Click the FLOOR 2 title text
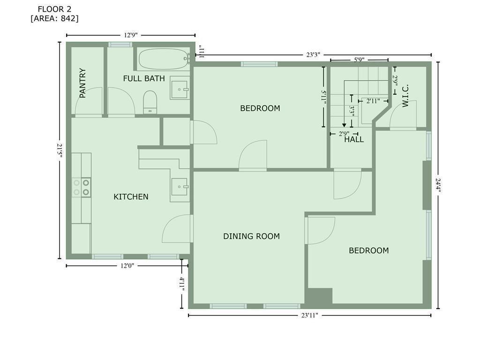click(x=54, y=9)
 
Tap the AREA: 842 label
click(x=54, y=18)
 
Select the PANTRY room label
click(x=82, y=83)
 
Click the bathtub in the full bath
click(x=164, y=59)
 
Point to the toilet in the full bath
click(x=150, y=102)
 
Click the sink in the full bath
click(x=180, y=90)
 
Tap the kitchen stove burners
click(x=82, y=187)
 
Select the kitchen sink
click(x=180, y=187)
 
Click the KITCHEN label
click(x=131, y=197)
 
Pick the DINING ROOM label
click(x=251, y=236)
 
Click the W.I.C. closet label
click(x=405, y=96)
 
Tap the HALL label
click(x=354, y=140)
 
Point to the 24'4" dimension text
click(x=438, y=186)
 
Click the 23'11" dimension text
click(x=310, y=315)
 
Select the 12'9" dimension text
click(x=131, y=35)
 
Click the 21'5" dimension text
click(x=60, y=150)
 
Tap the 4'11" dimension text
click(x=182, y=284)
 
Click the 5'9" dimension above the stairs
click(x=359, y=60)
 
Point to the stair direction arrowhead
click(x=344, y=125)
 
